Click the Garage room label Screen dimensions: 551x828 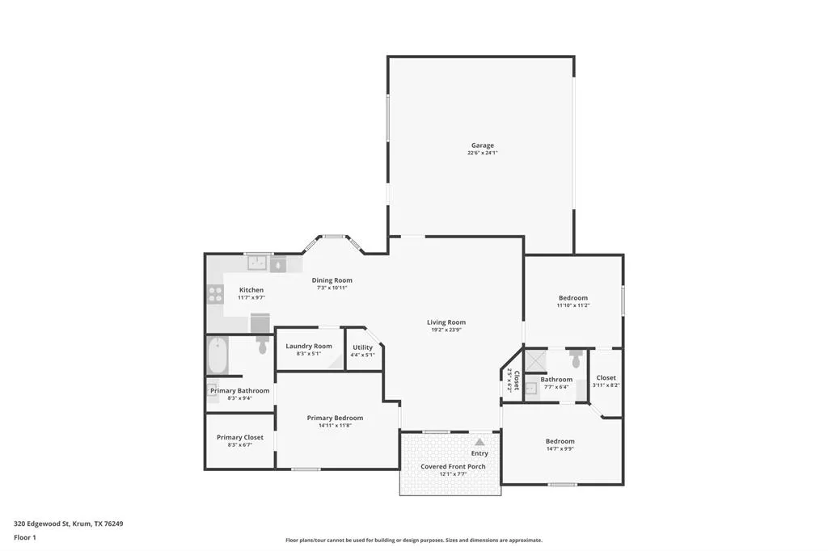click(x=483, y=145)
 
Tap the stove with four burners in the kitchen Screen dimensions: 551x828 click(x=215, y=294)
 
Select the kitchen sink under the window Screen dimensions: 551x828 click(x=259, y=263)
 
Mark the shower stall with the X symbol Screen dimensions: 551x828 click(x=535, y=360)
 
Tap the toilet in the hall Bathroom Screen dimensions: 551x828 click(x=576, y=358)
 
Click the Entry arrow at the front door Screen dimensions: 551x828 click(x=479, y=442)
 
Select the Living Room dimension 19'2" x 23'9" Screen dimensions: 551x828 click(x=446, y=330)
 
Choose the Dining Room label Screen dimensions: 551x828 click(x=332, y=280)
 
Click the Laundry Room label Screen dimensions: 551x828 click(x=309, y=346)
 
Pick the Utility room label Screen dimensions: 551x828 click(x=362, y=347)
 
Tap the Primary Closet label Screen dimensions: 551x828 click(x=240, y=437)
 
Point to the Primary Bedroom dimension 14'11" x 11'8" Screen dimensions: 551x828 click(x=335, y=426)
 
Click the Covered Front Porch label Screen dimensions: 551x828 click(x=453, y=466)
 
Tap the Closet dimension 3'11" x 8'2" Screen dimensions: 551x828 click(x=606, y=385)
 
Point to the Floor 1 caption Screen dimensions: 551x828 click(x=25, y=536)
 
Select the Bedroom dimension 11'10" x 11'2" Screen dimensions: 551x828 click(x=572, y=305)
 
